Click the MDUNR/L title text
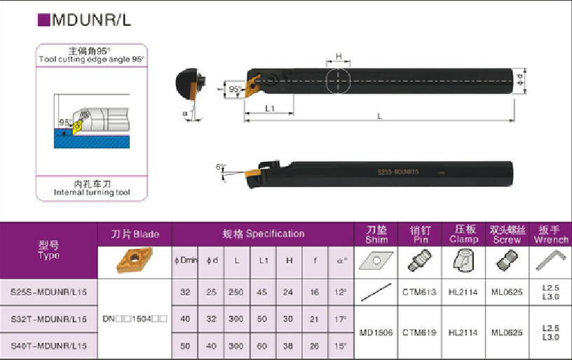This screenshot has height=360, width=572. [91, 20]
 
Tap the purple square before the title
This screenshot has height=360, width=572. [43, 20]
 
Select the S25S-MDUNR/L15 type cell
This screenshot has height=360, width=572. [49, 291]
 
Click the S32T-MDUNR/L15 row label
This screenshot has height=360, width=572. [49, 319]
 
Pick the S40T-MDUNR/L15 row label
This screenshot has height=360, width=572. [49, 346]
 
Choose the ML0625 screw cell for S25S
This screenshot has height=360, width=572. [507, 291]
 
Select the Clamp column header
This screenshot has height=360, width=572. [463, 235]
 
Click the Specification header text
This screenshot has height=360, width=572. [264, 233]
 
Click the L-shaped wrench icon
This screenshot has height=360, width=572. [550, 261]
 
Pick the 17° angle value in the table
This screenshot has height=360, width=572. [341, 319]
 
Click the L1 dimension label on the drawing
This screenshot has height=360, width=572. [270, 108]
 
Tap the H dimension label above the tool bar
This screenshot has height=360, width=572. [338, 56]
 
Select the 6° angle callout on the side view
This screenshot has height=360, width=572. [220, 167]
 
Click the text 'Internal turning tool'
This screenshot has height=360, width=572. [93, 192]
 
